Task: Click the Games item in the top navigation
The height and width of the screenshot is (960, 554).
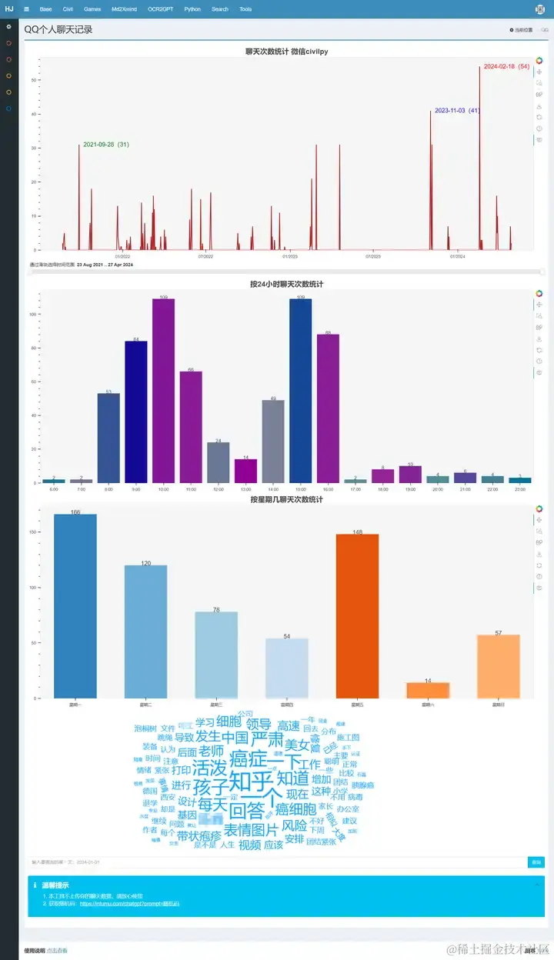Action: point(92,9)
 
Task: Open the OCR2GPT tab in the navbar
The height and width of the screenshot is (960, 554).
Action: point(160,9)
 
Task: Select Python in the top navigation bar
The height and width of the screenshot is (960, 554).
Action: point(192,9)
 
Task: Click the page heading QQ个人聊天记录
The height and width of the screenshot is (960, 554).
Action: point(58,29)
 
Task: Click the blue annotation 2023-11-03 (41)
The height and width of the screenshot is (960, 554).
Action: point(457,111)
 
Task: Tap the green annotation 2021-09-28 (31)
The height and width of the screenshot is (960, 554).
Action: point(105,145)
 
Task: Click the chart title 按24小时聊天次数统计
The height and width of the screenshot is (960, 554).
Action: point(286,284)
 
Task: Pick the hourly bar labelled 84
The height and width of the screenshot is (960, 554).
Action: point(136,412)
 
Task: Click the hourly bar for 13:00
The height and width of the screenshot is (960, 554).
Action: point(245,471)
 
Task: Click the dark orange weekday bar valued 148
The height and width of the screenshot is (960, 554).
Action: point(357,615)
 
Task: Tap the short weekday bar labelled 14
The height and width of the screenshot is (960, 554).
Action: point(428,690)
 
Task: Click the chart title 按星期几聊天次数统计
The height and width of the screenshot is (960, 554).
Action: point(286,500)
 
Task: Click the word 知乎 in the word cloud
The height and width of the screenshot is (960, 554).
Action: point(252,785)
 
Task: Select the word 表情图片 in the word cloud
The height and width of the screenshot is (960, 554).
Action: point(252,830)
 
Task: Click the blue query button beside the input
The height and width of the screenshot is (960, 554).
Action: point(536,862)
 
